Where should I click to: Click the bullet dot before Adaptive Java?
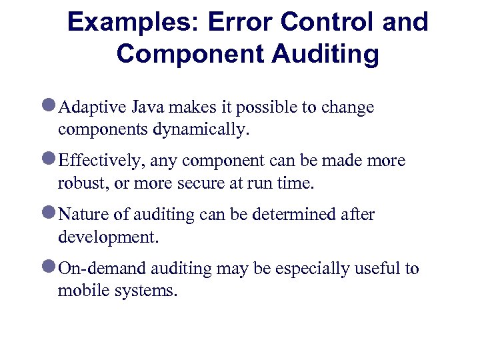[x=50, y=107]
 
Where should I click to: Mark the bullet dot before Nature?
[x=50, y=214]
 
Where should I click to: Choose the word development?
[x=109, y=237]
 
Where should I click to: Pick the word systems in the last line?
[x=147, y=291]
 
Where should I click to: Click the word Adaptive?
[x=88, y=108]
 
